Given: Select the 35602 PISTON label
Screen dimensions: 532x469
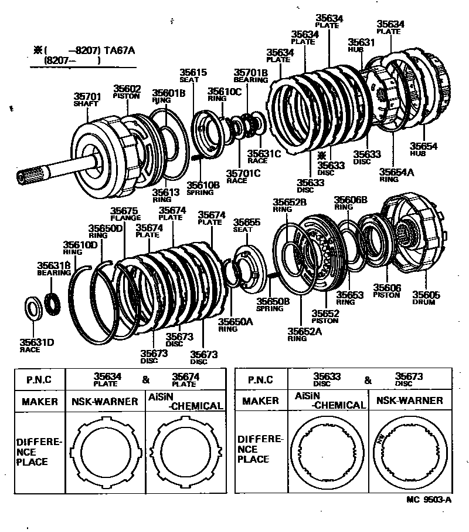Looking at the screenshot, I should click(x=127, y=92).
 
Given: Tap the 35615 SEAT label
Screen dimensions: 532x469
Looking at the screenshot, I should click(x=193, y=75).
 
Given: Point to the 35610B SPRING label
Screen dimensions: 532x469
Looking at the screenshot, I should click(x=203, y=188).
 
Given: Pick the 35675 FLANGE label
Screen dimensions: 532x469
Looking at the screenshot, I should click(x=124, y=214).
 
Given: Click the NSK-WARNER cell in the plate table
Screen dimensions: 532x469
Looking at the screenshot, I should click(x=104, y=402).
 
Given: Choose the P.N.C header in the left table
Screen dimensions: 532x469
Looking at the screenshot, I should click(x=39, y=379).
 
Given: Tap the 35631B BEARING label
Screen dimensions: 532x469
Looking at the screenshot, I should click(x=54, y=268).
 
